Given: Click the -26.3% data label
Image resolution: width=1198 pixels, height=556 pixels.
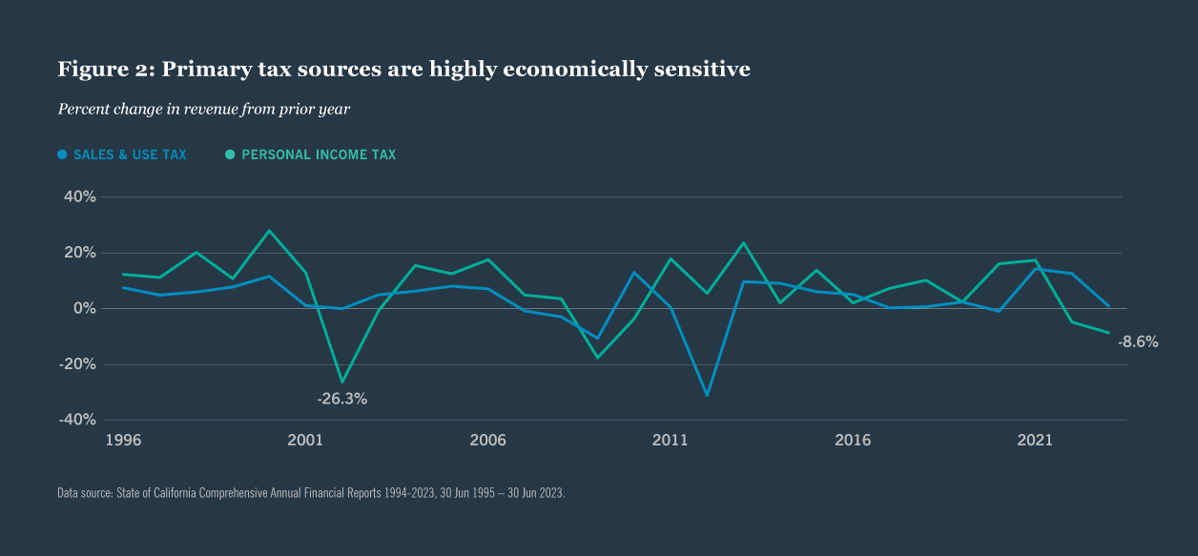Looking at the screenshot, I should (x=341, y=399).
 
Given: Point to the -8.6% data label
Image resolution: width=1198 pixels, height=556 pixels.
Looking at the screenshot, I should (x=1138, y=341).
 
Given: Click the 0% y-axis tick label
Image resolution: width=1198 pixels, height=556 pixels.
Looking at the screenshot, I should (x=84, y=308).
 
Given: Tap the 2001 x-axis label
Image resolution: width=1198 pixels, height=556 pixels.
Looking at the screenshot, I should (x=304, y=441).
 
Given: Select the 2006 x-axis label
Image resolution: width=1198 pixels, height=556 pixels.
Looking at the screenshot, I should (x=487, y=441).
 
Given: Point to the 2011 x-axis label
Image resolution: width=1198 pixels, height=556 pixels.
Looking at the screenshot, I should (x=670, y=441).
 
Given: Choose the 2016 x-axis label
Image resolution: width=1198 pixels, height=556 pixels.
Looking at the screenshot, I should (x=853, y=441).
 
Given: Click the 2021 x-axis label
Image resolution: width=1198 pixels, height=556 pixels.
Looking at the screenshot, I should (x=1035, y=441).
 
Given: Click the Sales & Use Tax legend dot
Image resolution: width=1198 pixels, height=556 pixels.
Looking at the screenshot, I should (x=63, y=154).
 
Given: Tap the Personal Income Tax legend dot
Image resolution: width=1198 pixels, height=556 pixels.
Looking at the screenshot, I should (x=230, y=154).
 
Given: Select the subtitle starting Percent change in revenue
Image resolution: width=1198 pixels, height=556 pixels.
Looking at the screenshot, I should (x=204, y=109).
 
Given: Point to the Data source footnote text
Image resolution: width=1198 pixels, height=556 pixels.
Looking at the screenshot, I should (x=311, y=493).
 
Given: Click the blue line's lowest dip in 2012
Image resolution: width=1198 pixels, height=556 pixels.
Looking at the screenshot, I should (x=707, y=395).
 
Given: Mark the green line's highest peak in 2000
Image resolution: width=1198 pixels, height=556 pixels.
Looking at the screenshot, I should (x=269, y=231).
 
